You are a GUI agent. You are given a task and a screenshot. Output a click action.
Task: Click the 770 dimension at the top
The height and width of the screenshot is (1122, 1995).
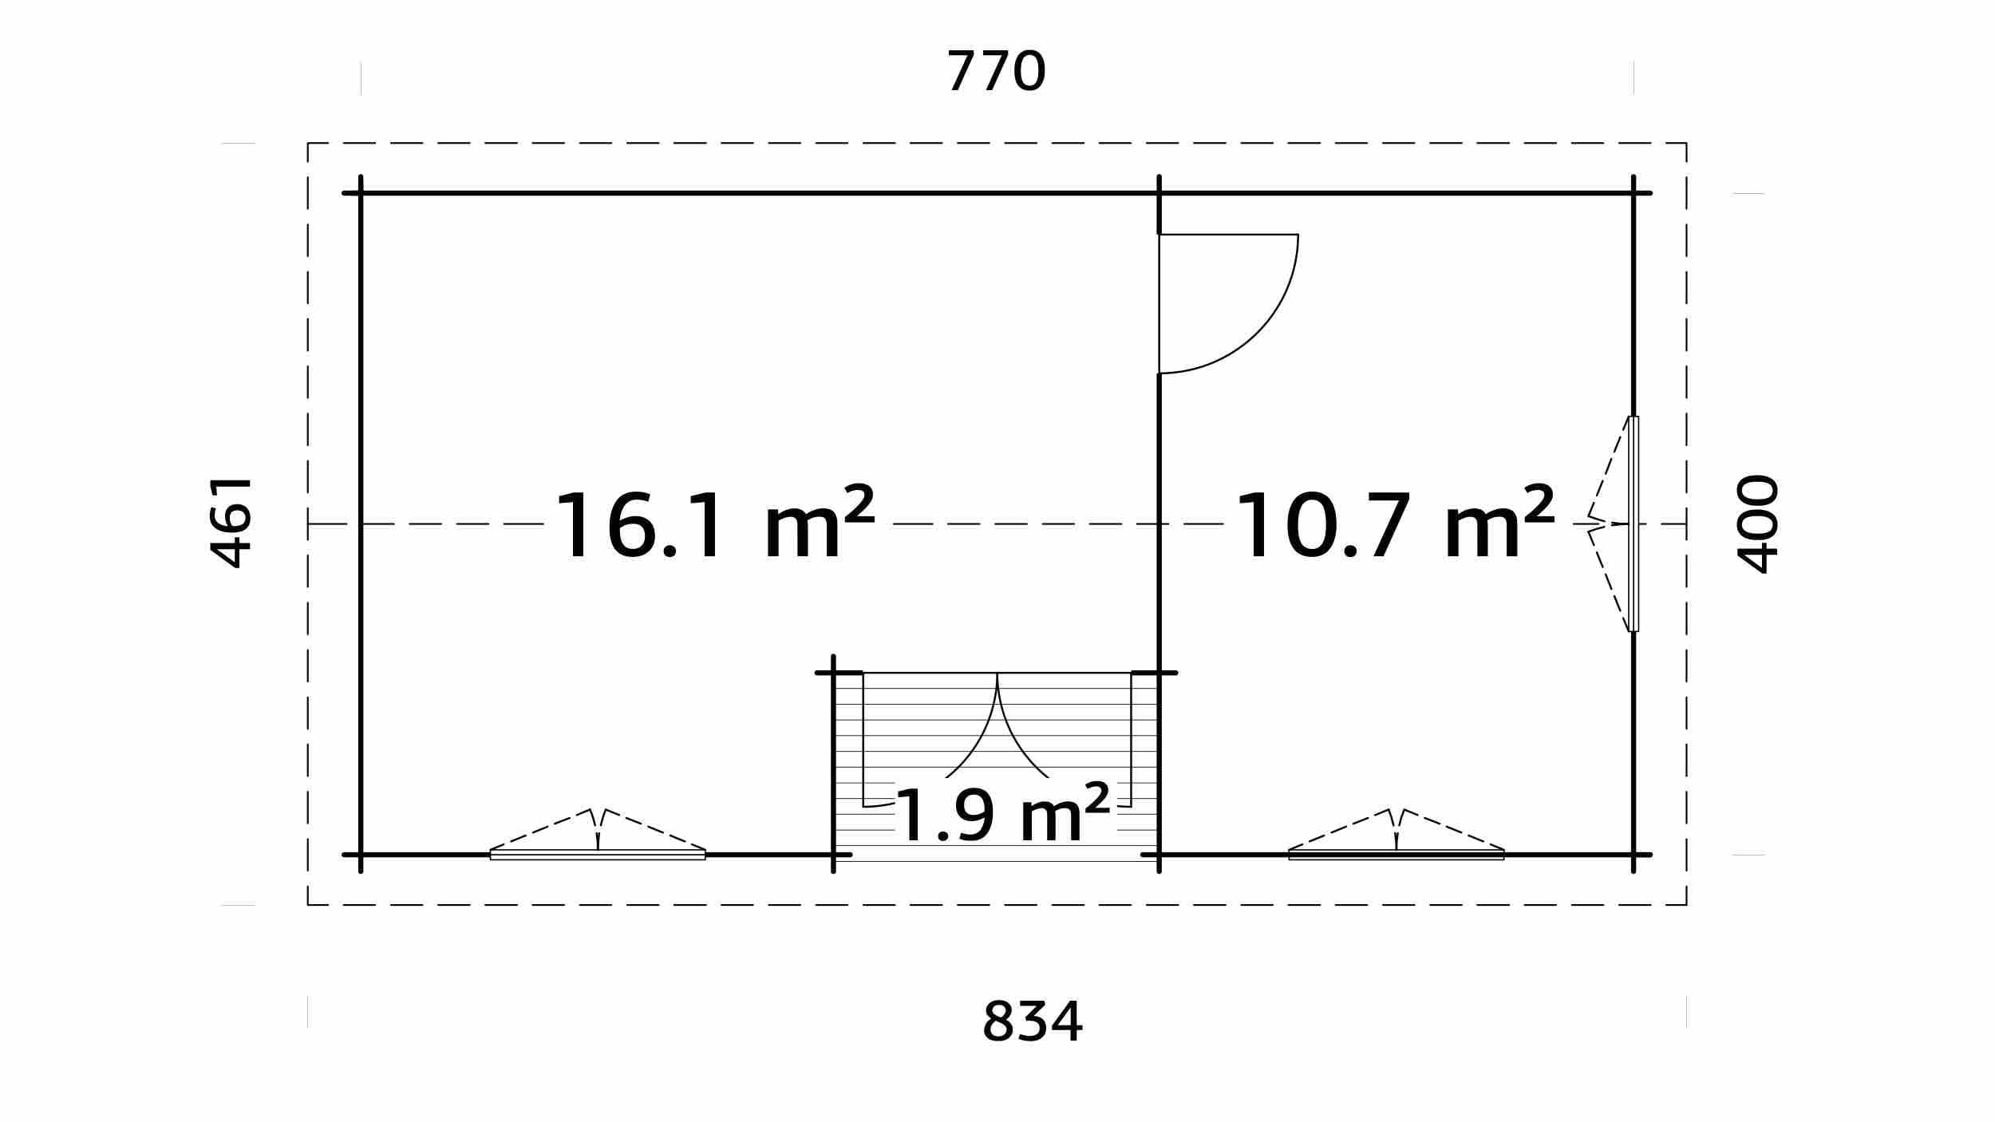point(996,72)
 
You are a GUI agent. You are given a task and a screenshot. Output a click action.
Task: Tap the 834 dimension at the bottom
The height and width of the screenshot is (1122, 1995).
point(1032,1021)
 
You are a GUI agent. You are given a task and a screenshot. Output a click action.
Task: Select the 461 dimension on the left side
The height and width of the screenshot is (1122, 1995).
point(231,523)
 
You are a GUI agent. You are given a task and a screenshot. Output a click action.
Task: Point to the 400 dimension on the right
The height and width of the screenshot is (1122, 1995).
point(1757,524)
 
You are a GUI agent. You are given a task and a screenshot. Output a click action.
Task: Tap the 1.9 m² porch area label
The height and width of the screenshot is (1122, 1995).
point(1003,813)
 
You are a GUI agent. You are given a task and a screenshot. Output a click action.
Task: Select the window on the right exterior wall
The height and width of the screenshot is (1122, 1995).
point(1633,524)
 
